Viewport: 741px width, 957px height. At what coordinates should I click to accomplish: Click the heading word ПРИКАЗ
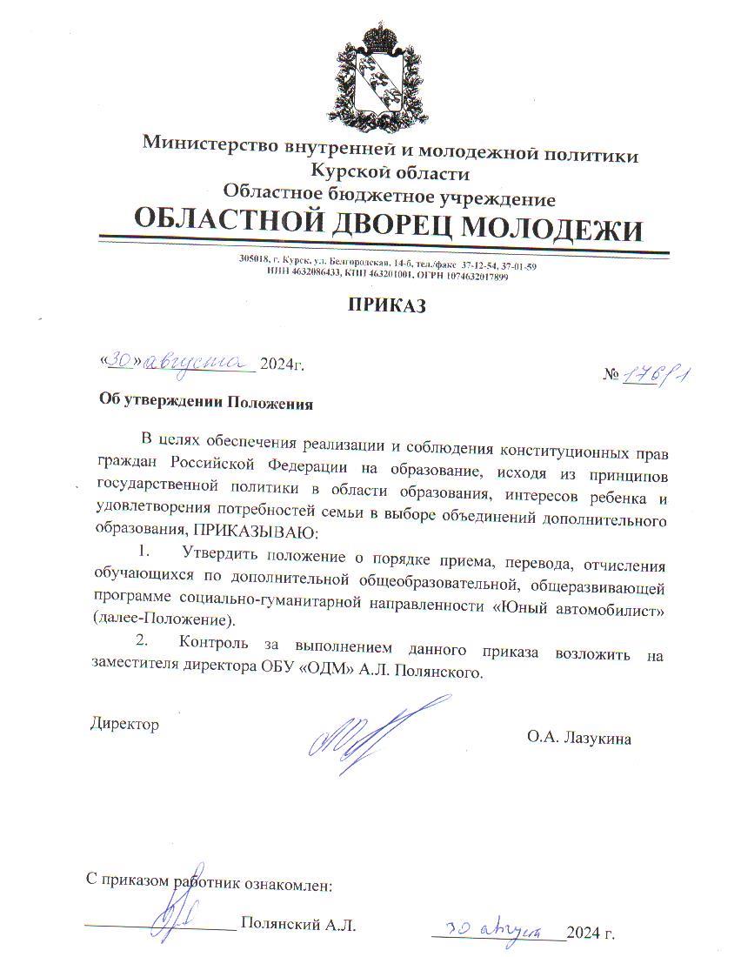(x=389, y=305)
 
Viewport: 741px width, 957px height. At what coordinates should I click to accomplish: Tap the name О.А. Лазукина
(x=578, y=739)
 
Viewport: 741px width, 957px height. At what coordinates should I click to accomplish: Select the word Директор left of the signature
(x=124, y=724)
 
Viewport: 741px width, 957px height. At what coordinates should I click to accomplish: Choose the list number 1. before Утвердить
(x=144, y=552)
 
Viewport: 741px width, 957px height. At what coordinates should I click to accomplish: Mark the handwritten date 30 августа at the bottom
(x=496, y=928)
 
